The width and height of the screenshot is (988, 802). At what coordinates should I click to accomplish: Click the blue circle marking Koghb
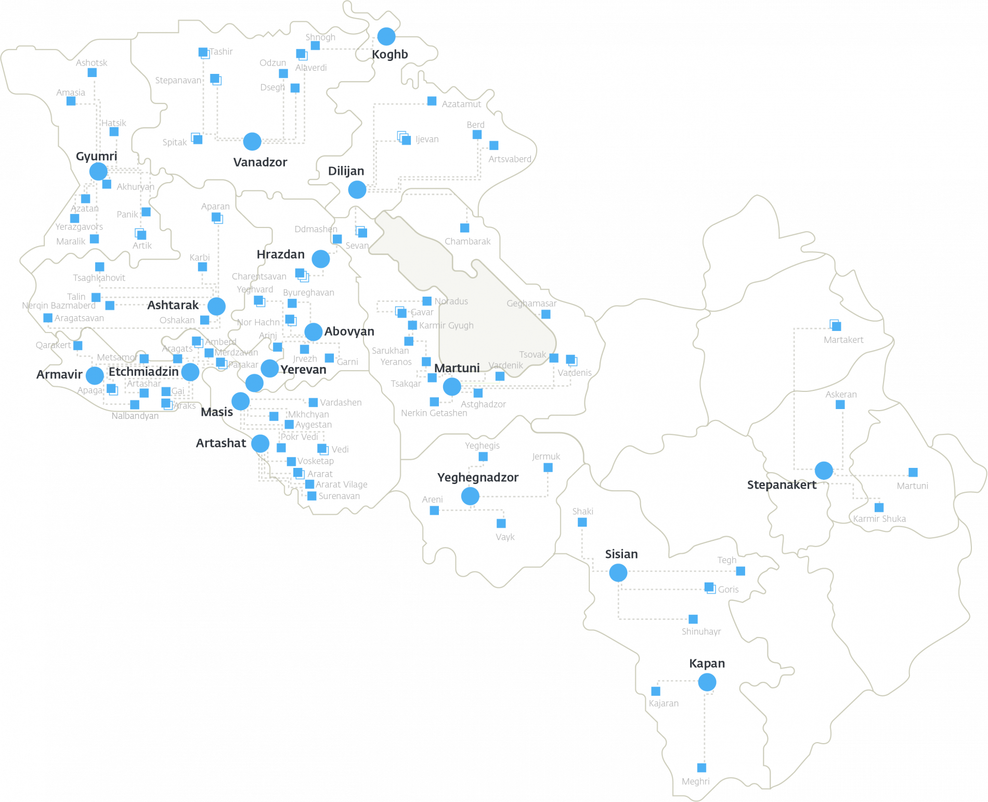pyautogui.click(x=386, y=36)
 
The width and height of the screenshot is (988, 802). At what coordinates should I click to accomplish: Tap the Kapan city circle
pyautogui.click(x=707, y=682)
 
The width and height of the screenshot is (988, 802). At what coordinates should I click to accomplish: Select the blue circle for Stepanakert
pyautogui.click(x=824, y=470)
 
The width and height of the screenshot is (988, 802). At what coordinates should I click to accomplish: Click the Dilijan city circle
pyautogui.click(x=357, y=190)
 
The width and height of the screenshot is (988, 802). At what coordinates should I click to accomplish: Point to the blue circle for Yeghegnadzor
pyautogui.click(x=470, y=496)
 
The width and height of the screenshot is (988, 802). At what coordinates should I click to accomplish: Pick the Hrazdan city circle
pyautogui.click(x=321, y=259)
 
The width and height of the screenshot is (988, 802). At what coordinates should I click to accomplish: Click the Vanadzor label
pyautogui.click(x=260, y=162)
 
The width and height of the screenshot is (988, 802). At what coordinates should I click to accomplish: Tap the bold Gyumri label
pyautogui.click(x=97, y=156)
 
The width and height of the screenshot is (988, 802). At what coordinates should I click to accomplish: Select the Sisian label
pyautogui.click(x=621, y=554)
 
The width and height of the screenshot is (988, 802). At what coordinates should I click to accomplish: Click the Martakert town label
pyautogui.click(x=843, y=340)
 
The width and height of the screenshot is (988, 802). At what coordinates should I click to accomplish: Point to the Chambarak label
pyautogui.click(x=467, y=241)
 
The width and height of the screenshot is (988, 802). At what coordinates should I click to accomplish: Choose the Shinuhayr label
pyautogui.click(x=701, y=632)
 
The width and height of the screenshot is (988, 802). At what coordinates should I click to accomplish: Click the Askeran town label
pyautogui.click(x=841, y=394)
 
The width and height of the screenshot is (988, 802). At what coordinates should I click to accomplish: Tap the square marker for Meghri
pyautogui.click(x=701, y=768)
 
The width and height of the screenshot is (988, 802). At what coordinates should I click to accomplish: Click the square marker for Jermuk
pyautogui.click(x=548, y=468)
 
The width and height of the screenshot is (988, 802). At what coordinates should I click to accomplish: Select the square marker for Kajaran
pyautogui.click(x=656, y=691)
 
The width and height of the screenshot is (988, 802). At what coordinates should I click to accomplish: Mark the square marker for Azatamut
pyautogui.click(x=432, y=101)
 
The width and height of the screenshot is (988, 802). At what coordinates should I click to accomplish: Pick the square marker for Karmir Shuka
pyautogui.click(x=879, y=507)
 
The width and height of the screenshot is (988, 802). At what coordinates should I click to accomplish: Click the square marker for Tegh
pyautogui.click(x=740, y=571)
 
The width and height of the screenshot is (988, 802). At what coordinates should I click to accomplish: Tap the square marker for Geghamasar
pyautogui.click(x=546, y=314)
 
